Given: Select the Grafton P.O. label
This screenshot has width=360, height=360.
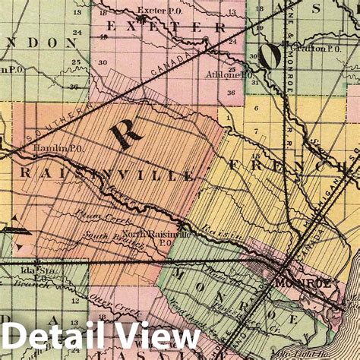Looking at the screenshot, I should (x=321, y=47).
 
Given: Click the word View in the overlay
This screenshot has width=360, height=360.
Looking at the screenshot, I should (x=152, y=336).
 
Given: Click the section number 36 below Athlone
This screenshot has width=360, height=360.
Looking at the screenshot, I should (x=230, y=92).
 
